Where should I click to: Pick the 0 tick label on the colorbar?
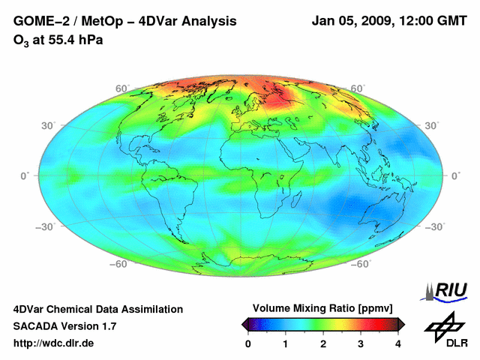coord(248,343)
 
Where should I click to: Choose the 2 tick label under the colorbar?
coord(323,343)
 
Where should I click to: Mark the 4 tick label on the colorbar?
coord(398,343)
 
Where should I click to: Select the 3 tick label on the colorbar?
coord(361,343)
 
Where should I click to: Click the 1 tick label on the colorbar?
coord(286,343)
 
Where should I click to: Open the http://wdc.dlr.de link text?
coord(54,343)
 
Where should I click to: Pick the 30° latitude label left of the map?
coord(49,125)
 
